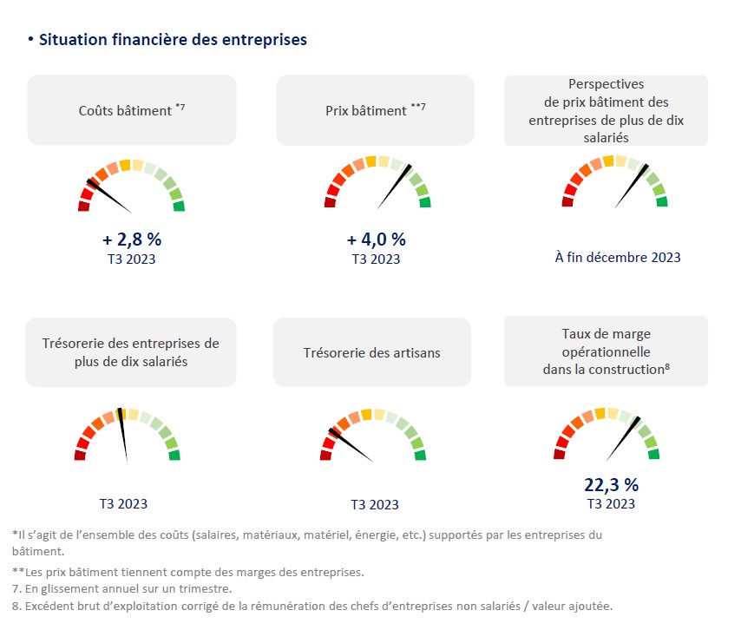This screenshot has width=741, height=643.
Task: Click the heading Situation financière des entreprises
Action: (x=173, y=40)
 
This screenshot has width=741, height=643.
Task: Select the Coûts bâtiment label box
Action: (x=132, y=110)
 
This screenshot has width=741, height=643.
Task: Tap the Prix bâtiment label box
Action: (x=375, y=110)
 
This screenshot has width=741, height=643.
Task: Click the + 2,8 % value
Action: (x=132, y=240)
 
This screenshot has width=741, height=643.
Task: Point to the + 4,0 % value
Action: (x=376, y=240)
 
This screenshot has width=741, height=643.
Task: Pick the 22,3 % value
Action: (x=610, y=484)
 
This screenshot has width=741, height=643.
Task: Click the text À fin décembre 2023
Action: (x=618, y=257)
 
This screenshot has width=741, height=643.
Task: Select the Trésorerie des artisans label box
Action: (x=371, y=352)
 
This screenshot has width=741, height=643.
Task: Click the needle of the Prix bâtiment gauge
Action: (x=396, y=185)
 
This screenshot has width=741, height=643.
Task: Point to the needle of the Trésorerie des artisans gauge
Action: (x=351, y=445)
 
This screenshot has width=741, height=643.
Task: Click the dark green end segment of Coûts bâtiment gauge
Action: (x=179, y=207)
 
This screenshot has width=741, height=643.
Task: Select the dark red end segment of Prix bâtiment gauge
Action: (x=331, y=203)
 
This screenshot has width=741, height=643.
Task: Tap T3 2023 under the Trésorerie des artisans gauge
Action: (x=375, y=505)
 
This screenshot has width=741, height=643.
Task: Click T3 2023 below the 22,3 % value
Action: (x=611, y=504)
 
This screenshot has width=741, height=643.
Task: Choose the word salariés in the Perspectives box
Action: (x=606, y=137)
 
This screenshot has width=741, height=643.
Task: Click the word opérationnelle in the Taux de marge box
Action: (x=606, y=352)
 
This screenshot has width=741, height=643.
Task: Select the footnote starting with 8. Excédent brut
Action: (x=312, y=606)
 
